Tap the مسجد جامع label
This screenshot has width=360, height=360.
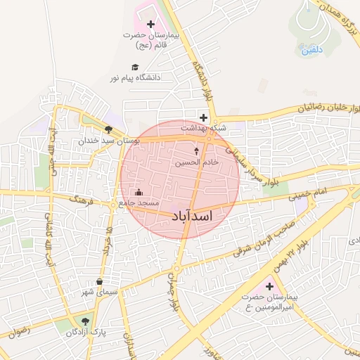coord(139,203)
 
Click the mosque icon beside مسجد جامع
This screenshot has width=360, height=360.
coord(139,192)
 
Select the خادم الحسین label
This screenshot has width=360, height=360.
coord(198,162)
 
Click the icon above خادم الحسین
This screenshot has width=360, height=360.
coord(196,151)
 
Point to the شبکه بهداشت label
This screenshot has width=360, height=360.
coord(204,128)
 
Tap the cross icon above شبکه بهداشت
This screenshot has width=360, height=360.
coord(203,117)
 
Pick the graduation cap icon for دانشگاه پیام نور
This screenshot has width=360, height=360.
coord(134,67)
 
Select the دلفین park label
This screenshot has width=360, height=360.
coord(311,50)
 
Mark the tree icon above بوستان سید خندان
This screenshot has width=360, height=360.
coord(108,130)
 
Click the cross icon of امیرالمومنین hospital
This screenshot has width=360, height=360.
coord(269,286)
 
